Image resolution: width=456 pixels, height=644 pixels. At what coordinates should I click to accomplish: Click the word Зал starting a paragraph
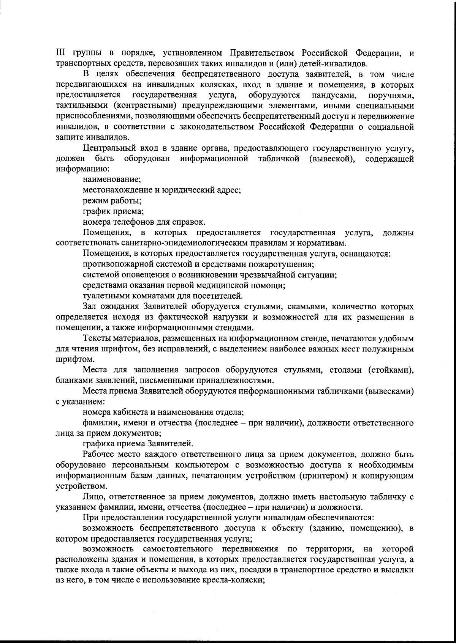pos(90,306)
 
